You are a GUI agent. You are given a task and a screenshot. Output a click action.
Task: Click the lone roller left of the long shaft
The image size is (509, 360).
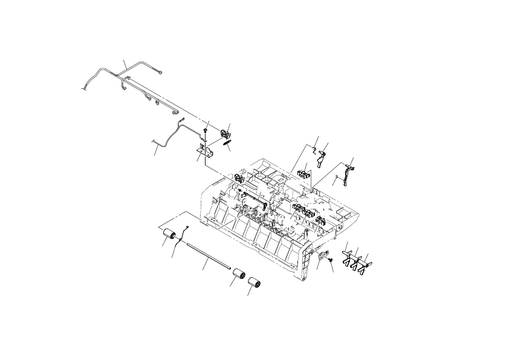click(169, 236)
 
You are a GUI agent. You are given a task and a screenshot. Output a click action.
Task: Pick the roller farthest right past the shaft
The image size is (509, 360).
click(253, 284)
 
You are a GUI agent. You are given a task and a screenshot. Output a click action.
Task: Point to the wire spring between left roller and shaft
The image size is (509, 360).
click(181, 241)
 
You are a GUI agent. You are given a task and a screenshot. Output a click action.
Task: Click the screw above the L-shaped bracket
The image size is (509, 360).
click(207, 130)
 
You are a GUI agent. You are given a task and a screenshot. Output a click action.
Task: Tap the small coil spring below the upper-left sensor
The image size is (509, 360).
click(227, 143)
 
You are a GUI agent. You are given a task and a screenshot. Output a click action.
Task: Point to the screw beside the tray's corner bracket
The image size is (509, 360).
click(331, 261)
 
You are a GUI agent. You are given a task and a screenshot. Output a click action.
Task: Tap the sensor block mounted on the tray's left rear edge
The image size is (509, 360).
click(238, 178)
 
